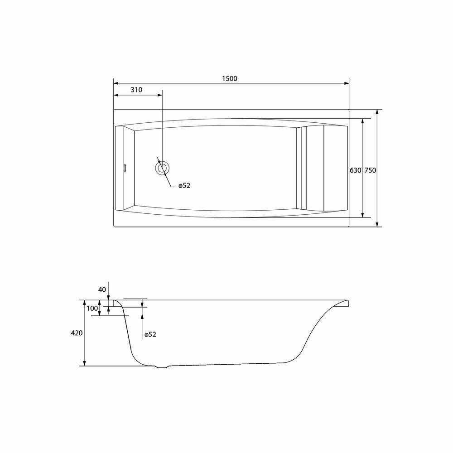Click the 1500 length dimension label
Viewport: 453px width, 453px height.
click(230, 78)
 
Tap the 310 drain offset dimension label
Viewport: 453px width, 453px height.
click(136, 90)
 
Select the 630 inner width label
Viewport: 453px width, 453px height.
click(355, 170)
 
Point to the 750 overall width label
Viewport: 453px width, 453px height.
click(371, 170)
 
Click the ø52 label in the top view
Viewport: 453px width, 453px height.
click(184, 186)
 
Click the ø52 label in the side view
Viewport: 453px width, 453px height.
click(150, 335)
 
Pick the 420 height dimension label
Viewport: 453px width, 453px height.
click(77, 333)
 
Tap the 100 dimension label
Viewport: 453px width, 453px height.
click(92, 308)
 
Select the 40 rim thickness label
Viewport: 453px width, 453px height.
click(102, 290)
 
